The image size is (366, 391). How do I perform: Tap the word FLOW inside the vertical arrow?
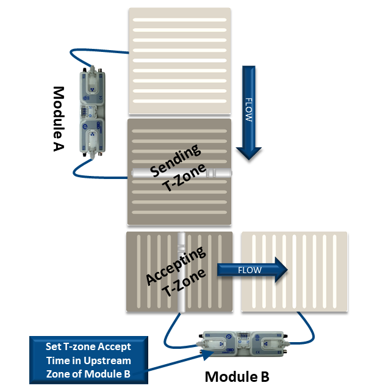(248, 109)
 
